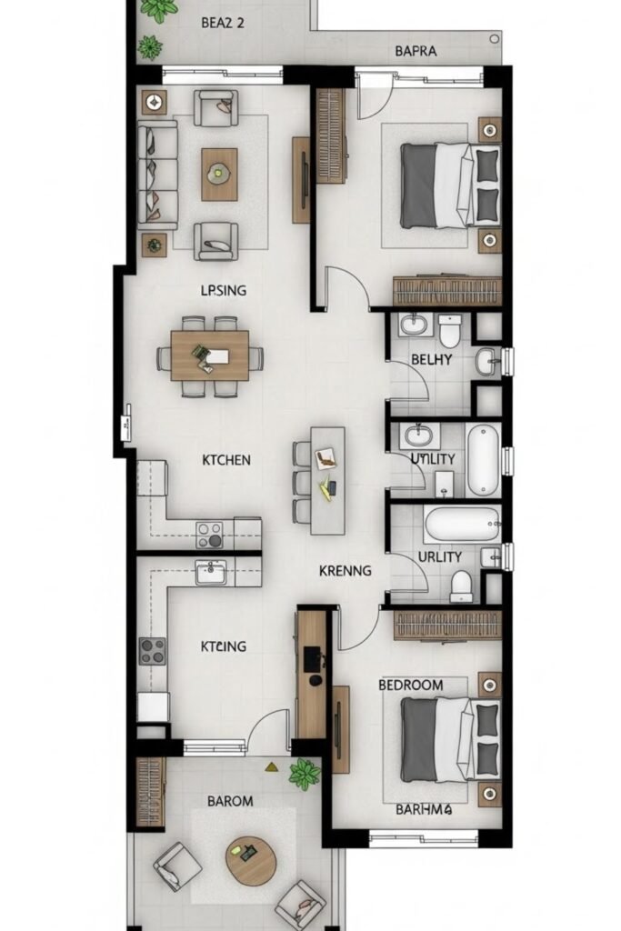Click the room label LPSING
[x=224, y=290]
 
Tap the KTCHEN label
[x=226, y=459]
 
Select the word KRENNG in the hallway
[x=345, y=571]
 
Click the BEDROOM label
[x=411, y=685]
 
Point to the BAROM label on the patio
[x=230, y=801]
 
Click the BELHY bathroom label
[x=432, y=359]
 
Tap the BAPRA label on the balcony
[x=416, y=51]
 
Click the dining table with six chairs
[x=209, y=356]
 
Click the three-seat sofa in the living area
[x=157, y=175]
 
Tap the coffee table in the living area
[x=219, y=174]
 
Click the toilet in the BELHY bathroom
[x=450, y=330]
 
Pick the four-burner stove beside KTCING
[x=153, y=651]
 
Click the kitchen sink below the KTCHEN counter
[x=211, y=573]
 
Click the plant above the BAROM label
[x=305, y=774]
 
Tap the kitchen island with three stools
[x=327, y=481]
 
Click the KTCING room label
[x=224, y=646]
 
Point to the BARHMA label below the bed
[x=425, y=808]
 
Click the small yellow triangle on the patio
[x=271, y=766]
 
